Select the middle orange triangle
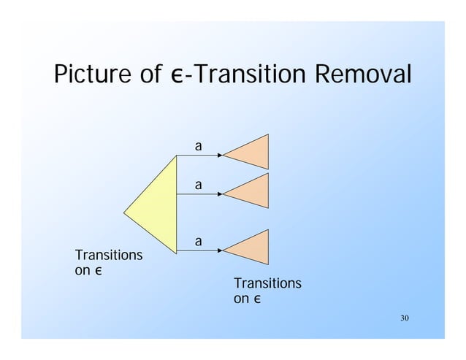tap(252, 192)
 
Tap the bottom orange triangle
tap(252, 247)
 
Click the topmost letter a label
tap(197, 147)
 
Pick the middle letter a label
tap(197, 185)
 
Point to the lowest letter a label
tap(197, 240)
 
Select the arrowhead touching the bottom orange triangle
tap(220, 250)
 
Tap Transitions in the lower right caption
tap(267, 283)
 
